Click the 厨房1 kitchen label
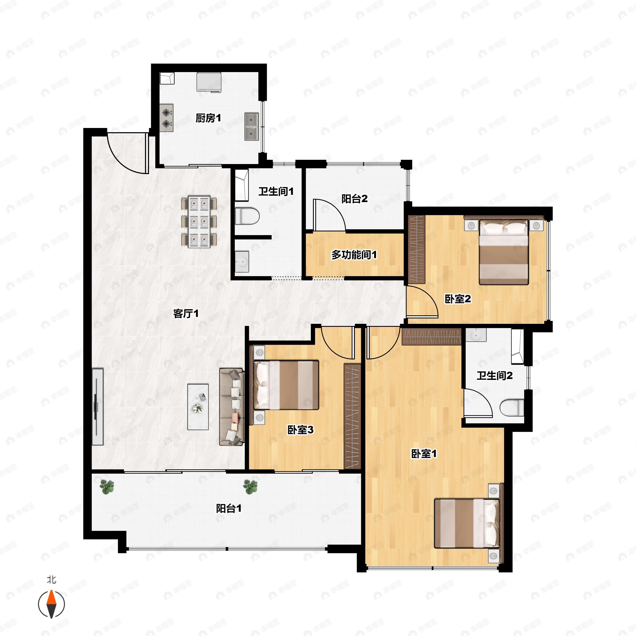point(208,118)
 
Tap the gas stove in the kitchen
point(167,118)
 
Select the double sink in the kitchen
point(251,127)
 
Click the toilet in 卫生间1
point(247,216)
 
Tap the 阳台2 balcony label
point(354,199)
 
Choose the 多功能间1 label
point(354,254)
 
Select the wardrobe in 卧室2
point(417,249)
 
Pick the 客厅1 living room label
point(186,313)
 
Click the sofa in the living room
point(232,407)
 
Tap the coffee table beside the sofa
point(198,407)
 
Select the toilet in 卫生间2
point(511,408)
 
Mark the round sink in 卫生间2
point(476,335)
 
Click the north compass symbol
point(51,604)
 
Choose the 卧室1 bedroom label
point(424,454)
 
